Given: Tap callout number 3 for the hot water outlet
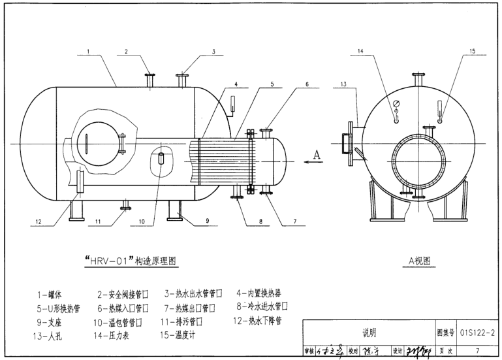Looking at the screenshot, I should click(x=213, y=50).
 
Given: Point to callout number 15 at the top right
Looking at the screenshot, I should click(x=473, y=50).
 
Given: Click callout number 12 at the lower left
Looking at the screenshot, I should click(x=39, y=222).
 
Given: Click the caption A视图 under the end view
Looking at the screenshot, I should click(x=419, y=261).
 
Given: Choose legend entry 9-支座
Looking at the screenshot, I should click(x=51, y=322).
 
